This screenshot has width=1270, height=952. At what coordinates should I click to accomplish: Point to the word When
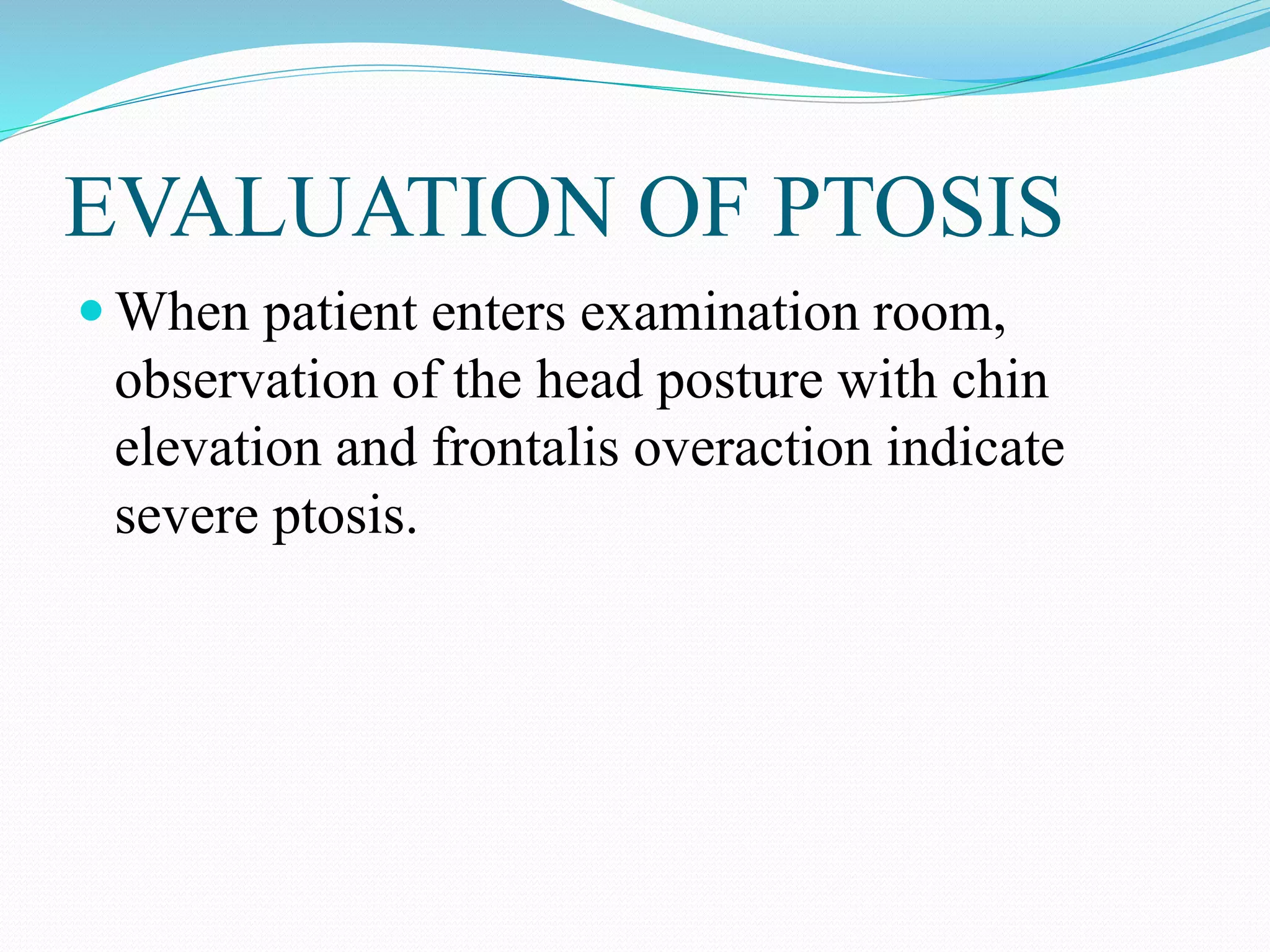click(183, 313)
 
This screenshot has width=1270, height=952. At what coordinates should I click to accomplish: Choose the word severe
click(187, 518)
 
